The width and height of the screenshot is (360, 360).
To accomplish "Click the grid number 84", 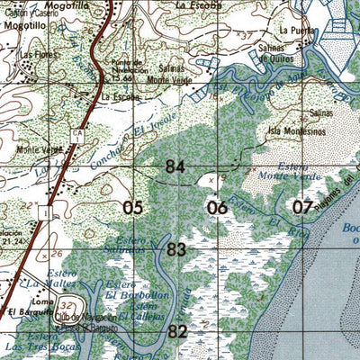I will tap(176, 166).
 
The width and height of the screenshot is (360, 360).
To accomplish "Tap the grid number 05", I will tap(133, 208).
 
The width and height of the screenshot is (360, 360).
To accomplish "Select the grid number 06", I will tap(217, 208).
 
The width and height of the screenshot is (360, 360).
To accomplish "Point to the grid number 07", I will tap(302, 208).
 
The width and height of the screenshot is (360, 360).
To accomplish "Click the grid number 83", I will tap(176, 249).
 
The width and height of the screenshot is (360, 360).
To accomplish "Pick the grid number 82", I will tap(176, 332).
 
